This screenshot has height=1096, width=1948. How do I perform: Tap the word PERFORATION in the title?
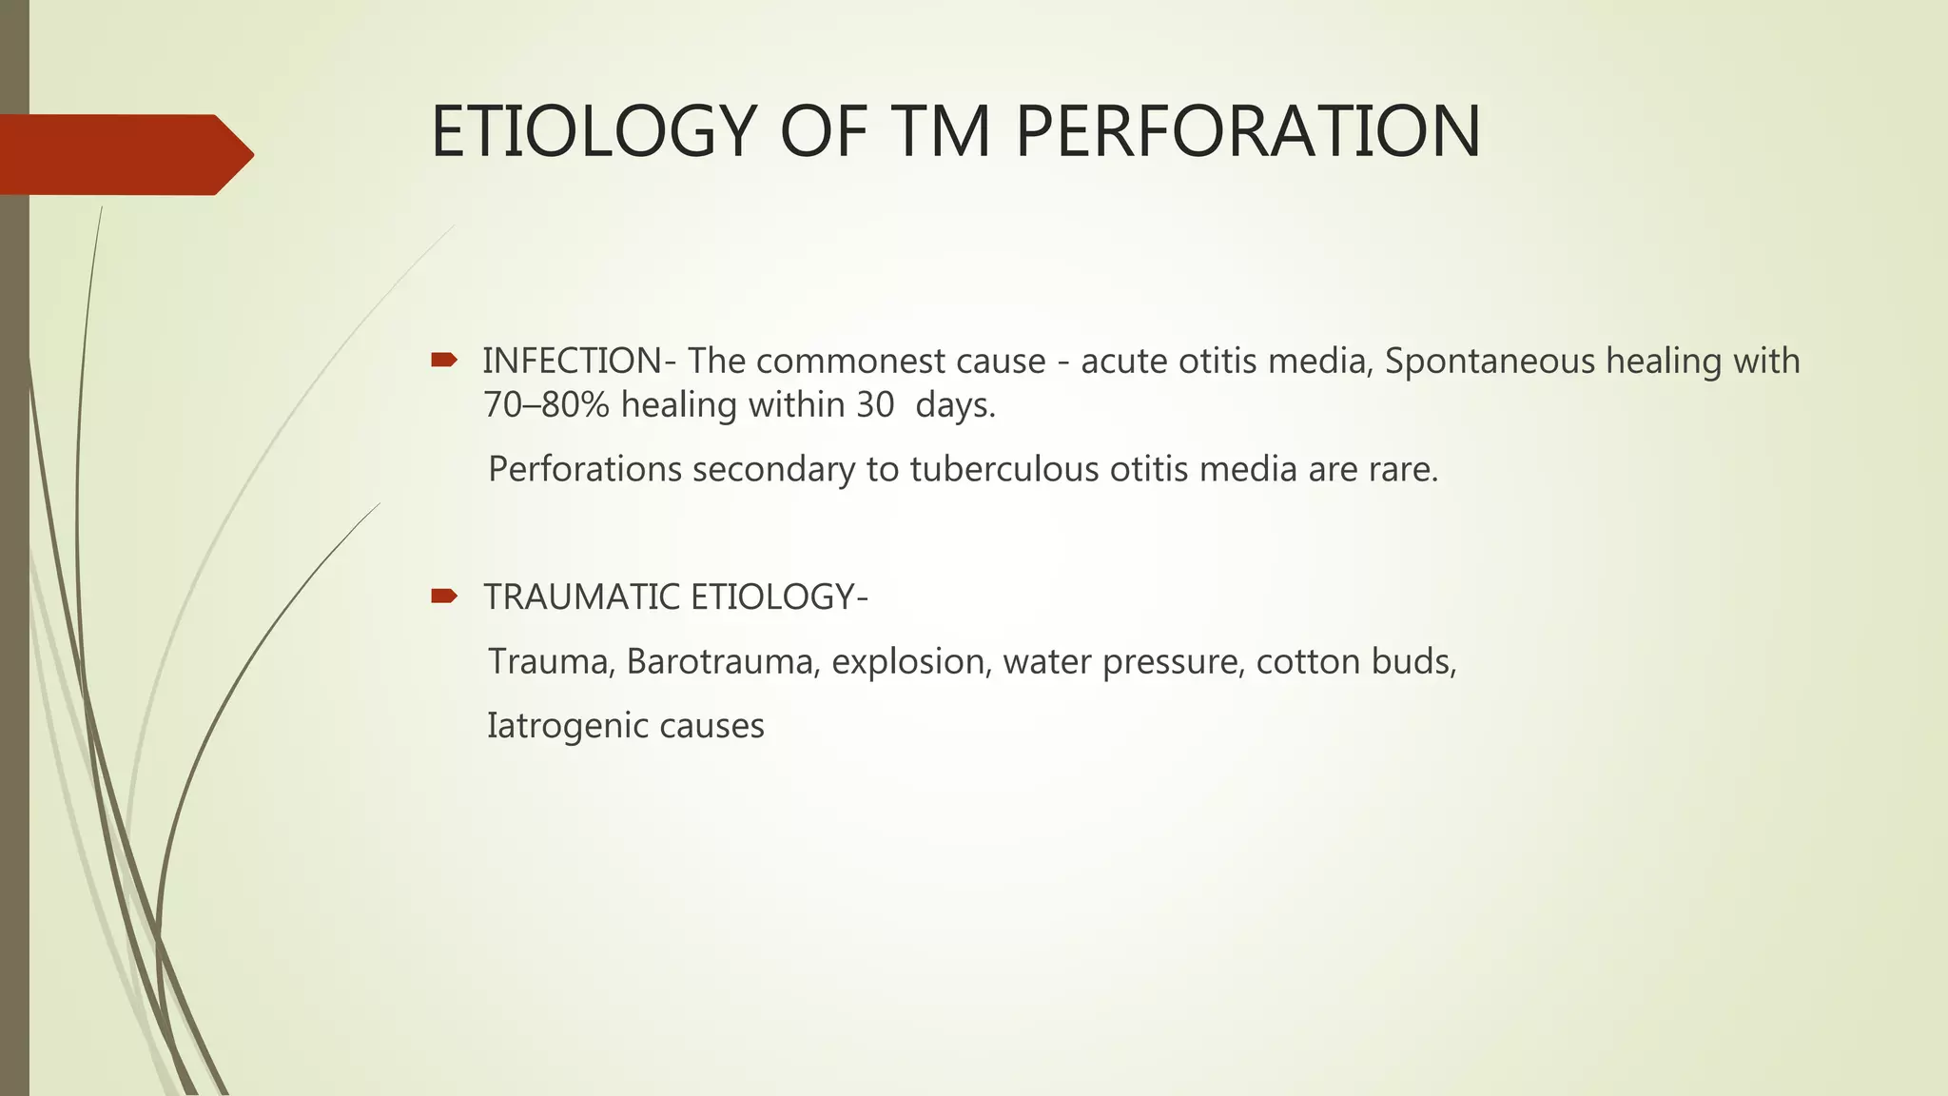pos(1247,131)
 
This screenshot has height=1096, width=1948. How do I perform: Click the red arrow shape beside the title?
pos(127,154)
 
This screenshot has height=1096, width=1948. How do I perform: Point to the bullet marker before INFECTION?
pos(443,360)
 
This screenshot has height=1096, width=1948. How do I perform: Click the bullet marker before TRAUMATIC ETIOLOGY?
pos(443,597)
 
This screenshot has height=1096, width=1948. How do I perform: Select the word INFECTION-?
pos(579,362)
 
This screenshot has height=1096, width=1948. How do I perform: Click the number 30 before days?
pos(875,405)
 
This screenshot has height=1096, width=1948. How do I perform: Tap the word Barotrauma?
pos(722,661)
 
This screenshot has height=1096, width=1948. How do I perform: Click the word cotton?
pos(1294,661)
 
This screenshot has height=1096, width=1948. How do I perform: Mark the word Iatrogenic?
pos(554,726)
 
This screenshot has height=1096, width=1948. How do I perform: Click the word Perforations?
pos(585,470)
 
